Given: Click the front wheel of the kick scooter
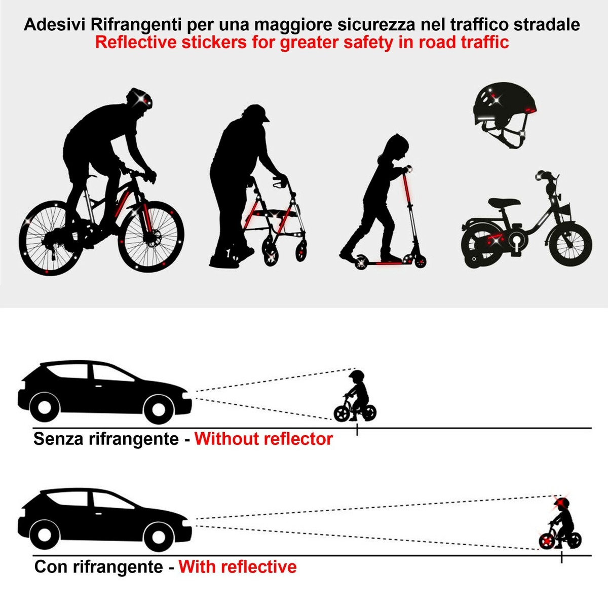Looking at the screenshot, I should point(420,261).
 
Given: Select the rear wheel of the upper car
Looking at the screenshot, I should point(44,408).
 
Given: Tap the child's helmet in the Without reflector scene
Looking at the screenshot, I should point(357,377).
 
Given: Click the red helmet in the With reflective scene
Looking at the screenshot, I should point(562,504).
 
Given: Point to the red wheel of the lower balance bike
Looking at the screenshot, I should point(547,542).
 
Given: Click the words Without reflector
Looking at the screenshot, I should point(263,439).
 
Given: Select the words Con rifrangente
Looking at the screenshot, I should point(98,566).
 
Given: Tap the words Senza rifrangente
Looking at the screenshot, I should point(106,439).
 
